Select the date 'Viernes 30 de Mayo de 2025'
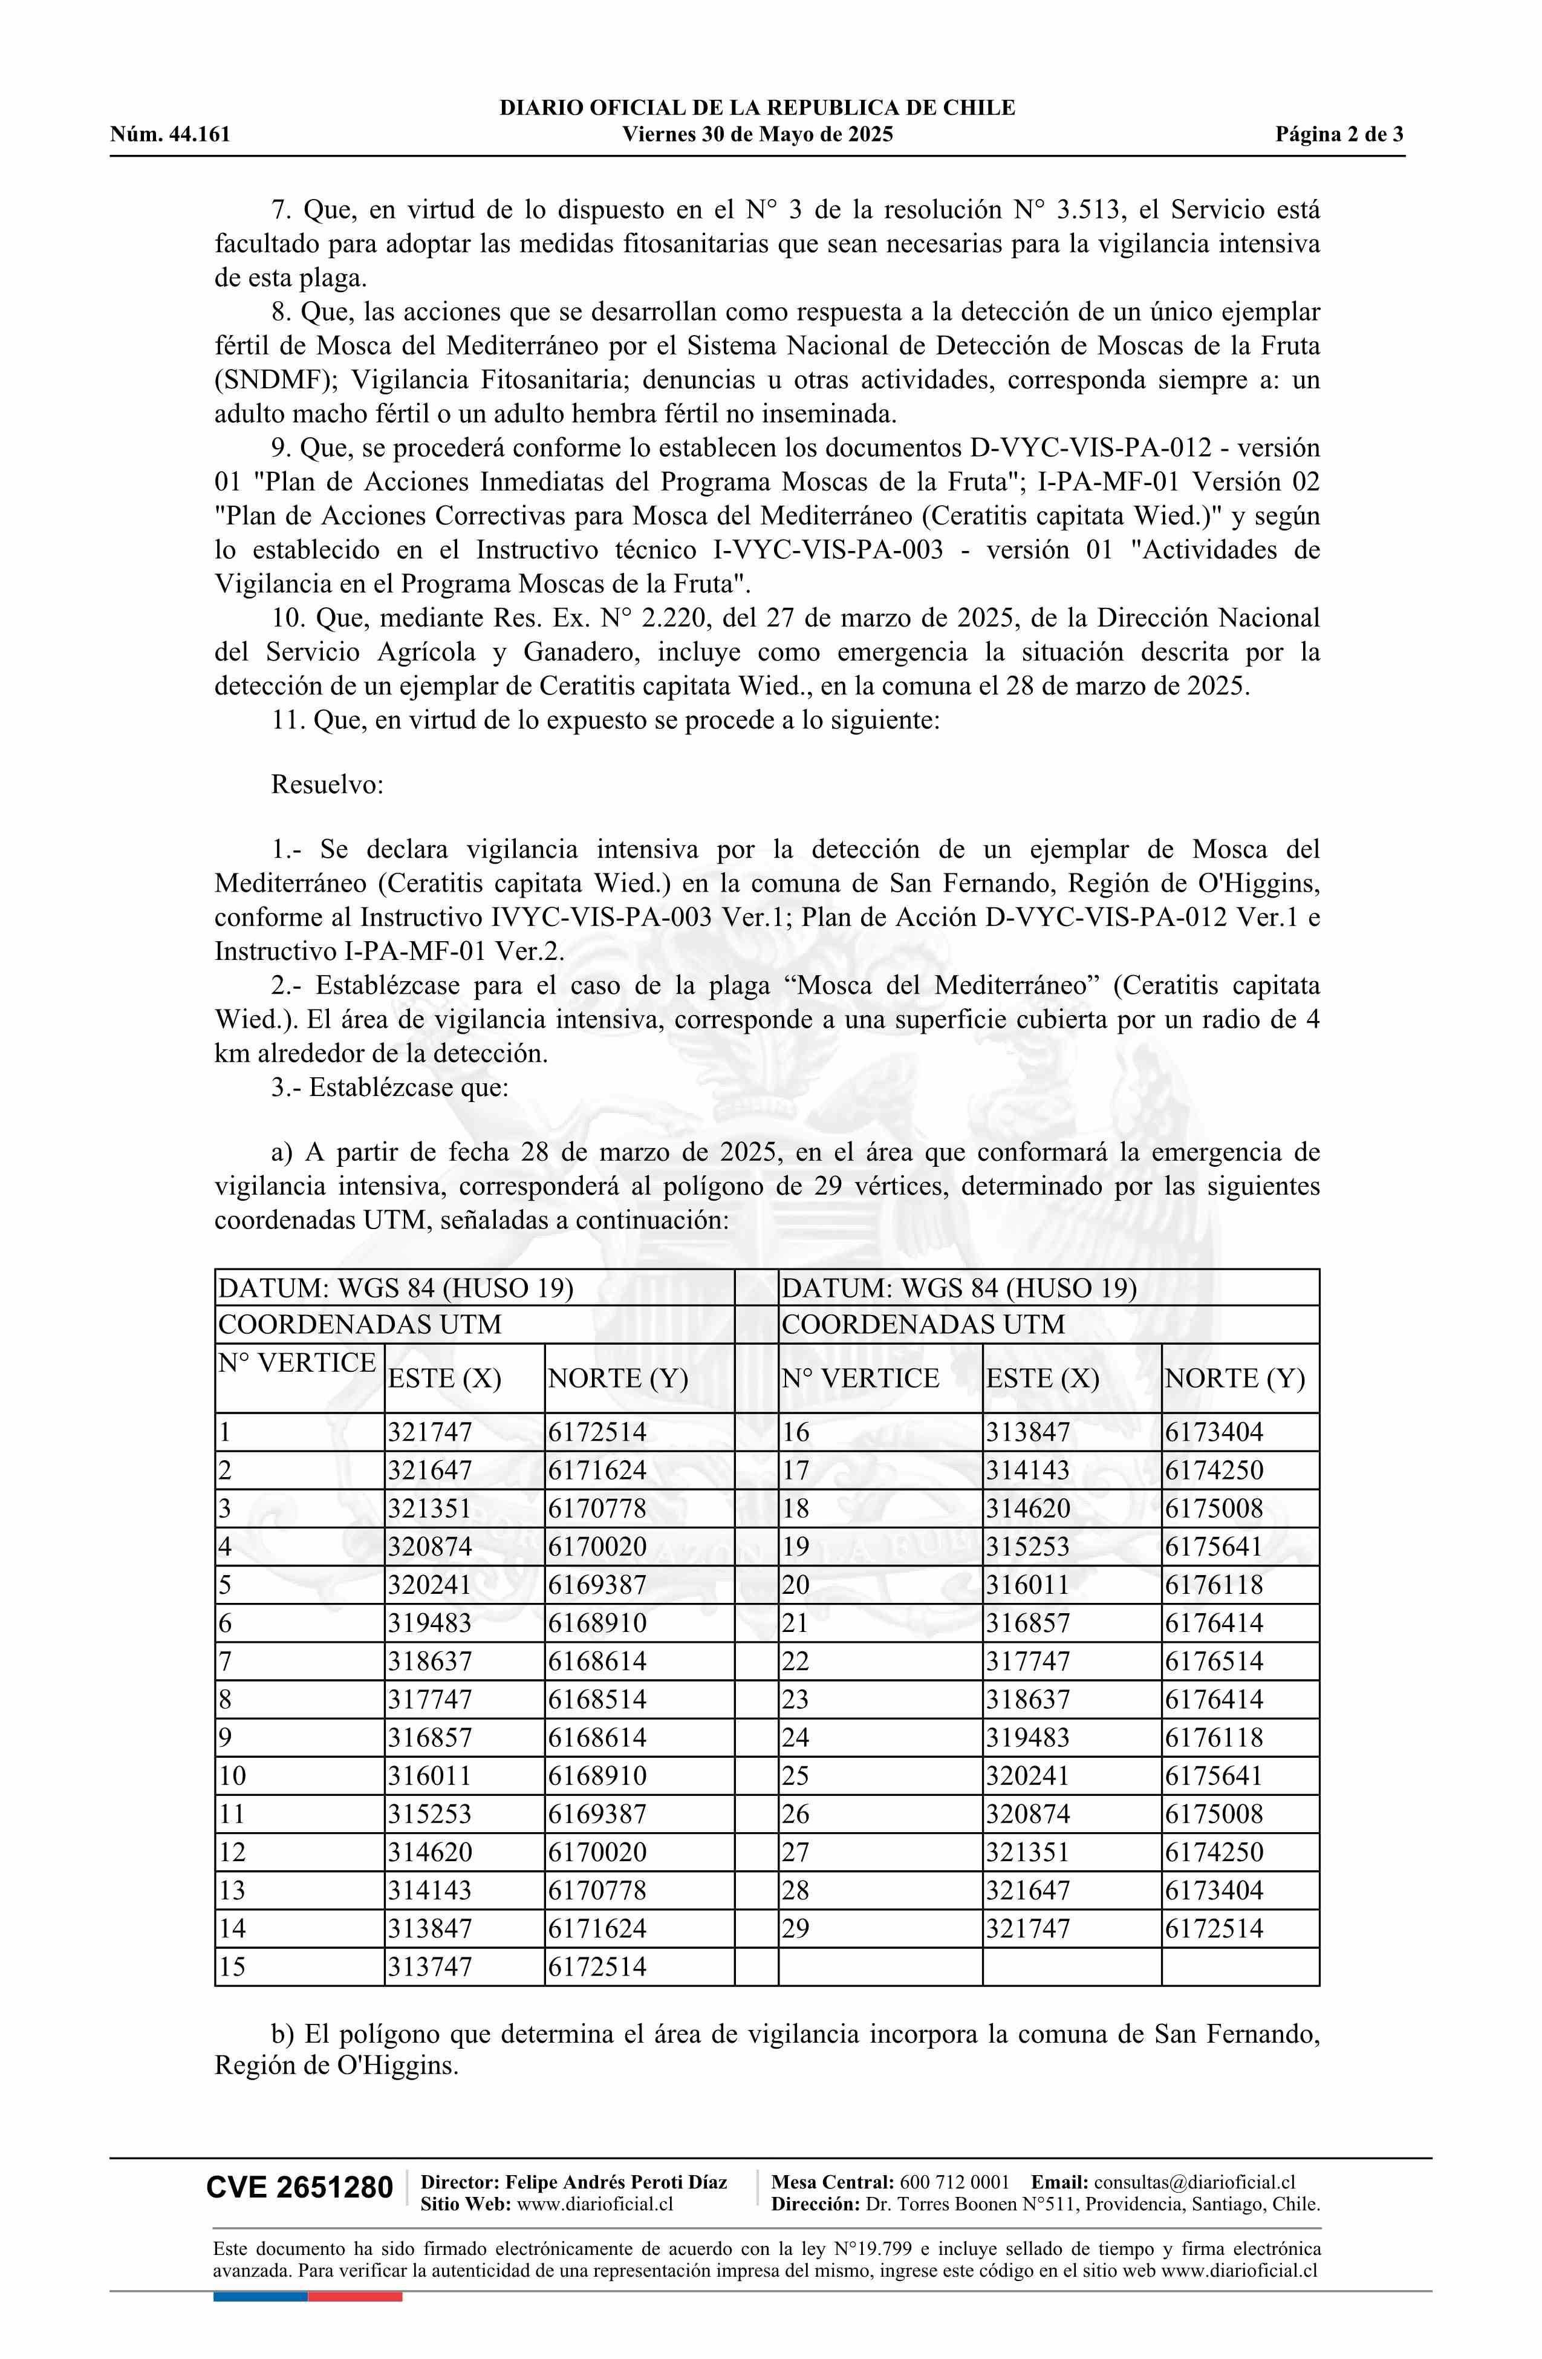point(757,135)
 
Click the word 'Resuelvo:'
point(327,785)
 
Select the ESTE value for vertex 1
point(430,1432)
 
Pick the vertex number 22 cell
point(796,1661)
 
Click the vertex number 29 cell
point(796,1929)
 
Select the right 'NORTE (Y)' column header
point(1235,1379)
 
